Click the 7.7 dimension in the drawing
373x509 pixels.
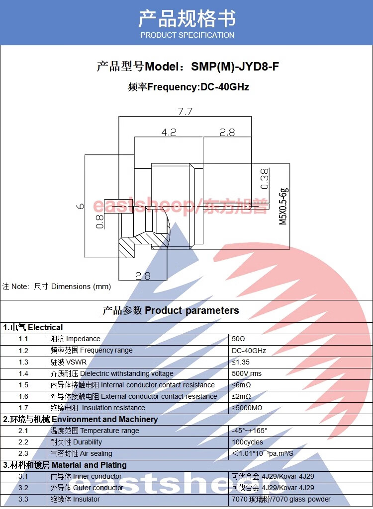[x=185, y=112]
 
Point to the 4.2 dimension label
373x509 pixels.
[x=169, y=132]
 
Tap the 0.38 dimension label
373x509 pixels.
[x=265, y=179]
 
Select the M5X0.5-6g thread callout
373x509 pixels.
[x=283, y=206]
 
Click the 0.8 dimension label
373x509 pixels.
[x=99, y=221]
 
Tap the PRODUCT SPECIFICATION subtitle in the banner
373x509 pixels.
[x=187, y=35]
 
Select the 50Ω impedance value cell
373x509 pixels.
[x=239, y=339]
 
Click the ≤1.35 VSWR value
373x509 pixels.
[x=241, y=362]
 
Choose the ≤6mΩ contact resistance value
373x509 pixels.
[x=241, y=385]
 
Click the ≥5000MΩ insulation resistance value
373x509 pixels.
[x=247, y=408]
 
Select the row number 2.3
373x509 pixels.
[x=23, y=453]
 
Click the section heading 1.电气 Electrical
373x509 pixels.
[x=33, y=328]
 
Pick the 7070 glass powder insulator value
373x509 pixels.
[x=281, y=499]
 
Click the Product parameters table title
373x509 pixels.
[x=171, y=311]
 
